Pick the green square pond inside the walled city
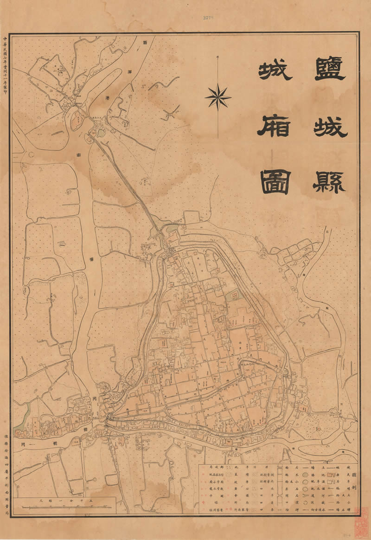pos(236,295)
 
